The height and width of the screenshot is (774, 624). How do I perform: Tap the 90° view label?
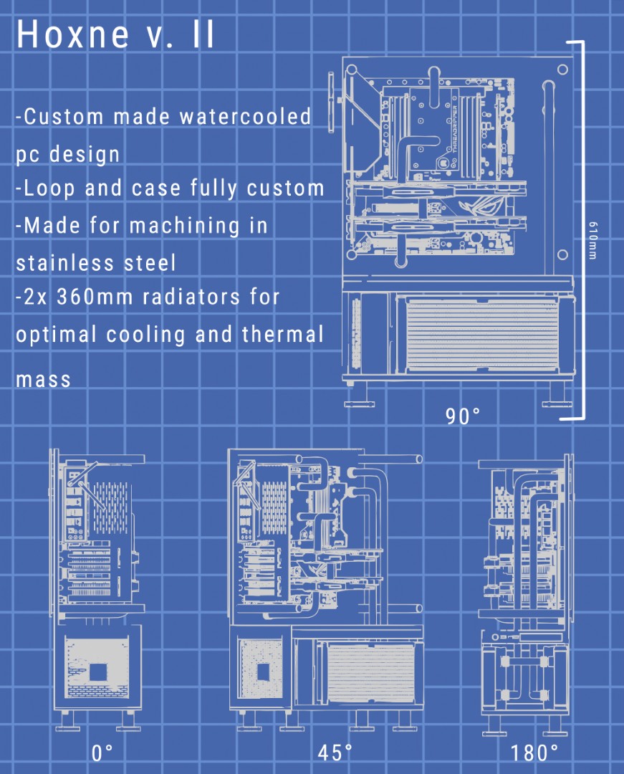tap(463, 416)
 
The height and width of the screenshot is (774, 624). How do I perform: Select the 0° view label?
tap(102, 753)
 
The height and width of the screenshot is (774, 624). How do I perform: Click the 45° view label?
tap(335, 753)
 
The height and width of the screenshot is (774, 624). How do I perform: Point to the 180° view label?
tap(534, 753)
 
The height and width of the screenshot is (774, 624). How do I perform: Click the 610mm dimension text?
tap(592, 241)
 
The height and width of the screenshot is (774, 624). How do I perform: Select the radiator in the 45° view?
tap(370, 672)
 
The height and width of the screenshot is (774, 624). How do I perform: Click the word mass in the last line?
tap(43, 378)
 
